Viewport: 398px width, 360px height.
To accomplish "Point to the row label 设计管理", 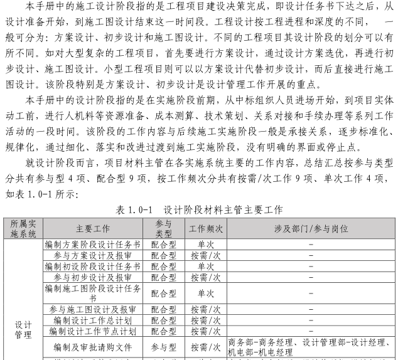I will (23, 330).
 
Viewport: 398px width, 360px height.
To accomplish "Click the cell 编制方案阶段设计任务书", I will (94, 245).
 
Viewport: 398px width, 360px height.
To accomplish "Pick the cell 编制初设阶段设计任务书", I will (94, 266).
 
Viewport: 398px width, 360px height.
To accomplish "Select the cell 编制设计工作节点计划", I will (94, 331).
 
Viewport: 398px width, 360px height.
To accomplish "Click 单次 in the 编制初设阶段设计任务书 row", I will (205, 266).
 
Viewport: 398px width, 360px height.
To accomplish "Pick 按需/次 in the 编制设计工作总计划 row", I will (205, 320).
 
